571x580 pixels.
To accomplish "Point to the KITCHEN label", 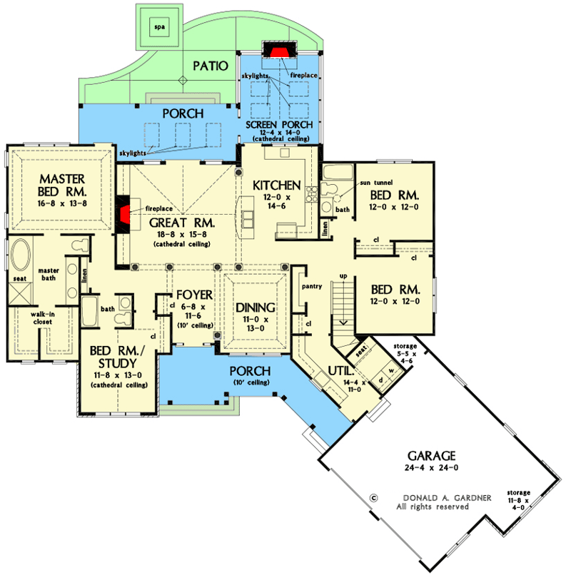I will click(276, 185).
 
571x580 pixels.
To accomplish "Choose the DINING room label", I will click(255, 308).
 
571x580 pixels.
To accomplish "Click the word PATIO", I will click(210, 66).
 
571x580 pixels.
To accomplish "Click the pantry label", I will click(313, 286).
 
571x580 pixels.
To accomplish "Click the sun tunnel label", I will click(353, 183).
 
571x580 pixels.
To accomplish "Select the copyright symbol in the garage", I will click(373, 498).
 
